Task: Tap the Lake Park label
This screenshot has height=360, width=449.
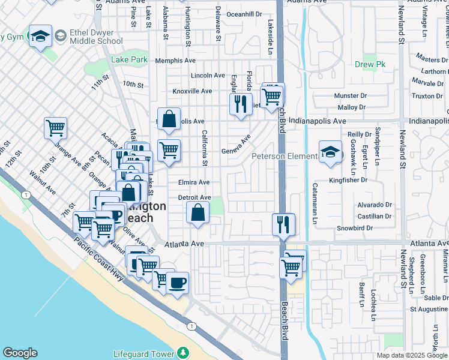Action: (x=129, y=60)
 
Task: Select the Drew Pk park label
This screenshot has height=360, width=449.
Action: (x=370, y=64)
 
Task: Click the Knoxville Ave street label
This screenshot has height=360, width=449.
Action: (x=192, y=91)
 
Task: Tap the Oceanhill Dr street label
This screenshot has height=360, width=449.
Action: (x=244, y=13)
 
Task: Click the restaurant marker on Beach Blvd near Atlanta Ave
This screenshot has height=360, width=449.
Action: (x=283, y=225)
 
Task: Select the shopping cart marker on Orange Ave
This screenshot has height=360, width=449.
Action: (x=55, y=128)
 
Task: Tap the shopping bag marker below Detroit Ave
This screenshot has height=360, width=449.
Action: (x=197, y=212)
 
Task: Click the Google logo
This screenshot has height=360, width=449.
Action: (x=20, y=353)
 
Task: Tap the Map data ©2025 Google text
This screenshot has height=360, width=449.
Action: (x=412, y=355)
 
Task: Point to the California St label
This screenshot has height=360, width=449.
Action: (x=205, y=148)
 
